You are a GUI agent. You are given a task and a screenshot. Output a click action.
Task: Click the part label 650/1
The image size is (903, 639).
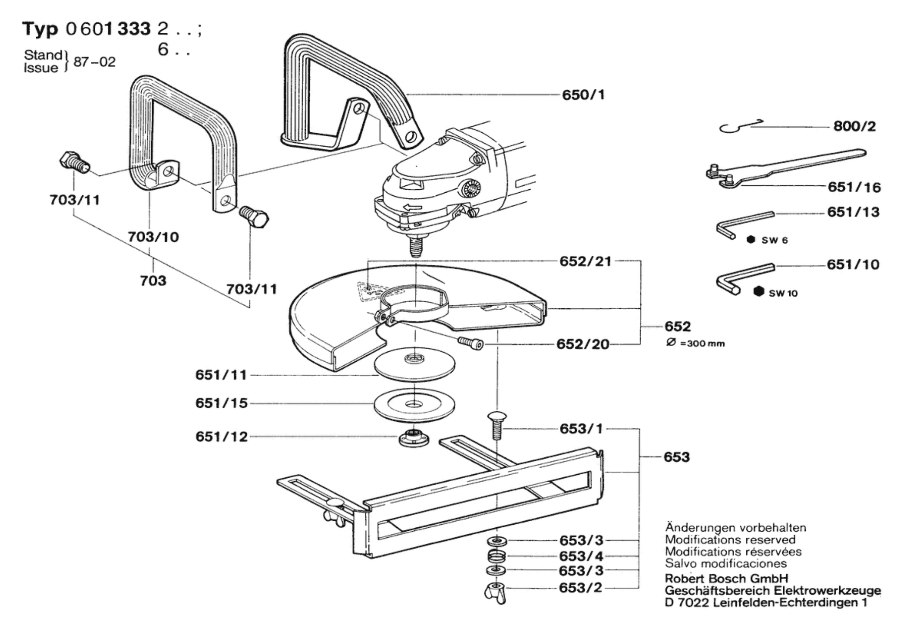coord(583,94)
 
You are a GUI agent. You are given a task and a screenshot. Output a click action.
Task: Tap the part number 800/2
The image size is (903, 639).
coord(855,126)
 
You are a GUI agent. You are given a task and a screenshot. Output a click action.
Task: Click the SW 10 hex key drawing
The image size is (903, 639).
coord(745,278)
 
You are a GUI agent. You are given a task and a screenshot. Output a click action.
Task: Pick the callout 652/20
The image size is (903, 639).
coord(583,344)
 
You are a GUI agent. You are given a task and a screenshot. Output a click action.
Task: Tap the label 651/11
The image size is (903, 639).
coord(221,375)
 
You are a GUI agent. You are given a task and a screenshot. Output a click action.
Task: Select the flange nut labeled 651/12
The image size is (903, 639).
coord(414,439)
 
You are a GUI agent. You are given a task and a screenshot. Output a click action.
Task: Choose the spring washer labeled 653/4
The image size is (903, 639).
coord(497,556)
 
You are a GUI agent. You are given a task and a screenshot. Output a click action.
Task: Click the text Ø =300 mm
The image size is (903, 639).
coord(695,344)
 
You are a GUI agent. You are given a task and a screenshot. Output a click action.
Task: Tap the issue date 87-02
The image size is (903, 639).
coord(95,62)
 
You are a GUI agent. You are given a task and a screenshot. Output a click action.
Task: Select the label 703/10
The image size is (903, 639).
coord(153,237)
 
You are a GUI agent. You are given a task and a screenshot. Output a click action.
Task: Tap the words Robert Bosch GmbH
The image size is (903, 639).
coord(726,579)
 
